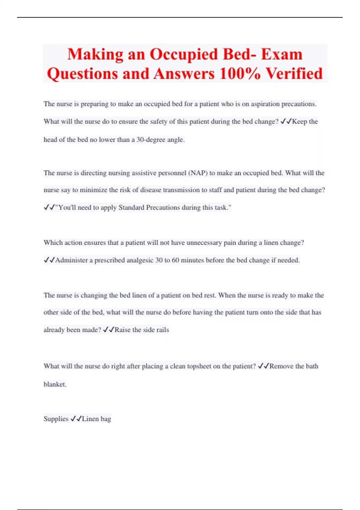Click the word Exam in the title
tap(282, 55)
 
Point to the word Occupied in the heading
tap(184, 55)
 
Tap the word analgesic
tap(140, 260)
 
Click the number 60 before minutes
tap(175, 260)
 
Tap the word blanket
tap(55, 384)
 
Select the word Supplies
tap(56, 419)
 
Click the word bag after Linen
tap(106, 419)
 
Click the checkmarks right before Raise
tap(108, 330)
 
